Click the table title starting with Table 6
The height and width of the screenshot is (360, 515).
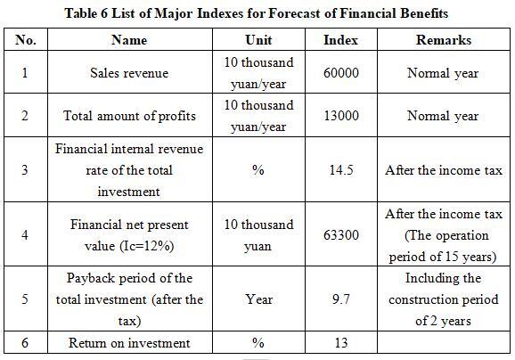[257, 13]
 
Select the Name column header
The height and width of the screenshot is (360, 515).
[129, 40]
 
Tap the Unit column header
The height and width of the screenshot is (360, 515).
[258, 40]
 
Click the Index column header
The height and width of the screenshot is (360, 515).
[340, 40]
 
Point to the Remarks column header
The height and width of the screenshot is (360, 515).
[444, 40]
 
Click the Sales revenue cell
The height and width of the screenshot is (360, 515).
[129, 73]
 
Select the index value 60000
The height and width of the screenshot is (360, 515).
[341, 73]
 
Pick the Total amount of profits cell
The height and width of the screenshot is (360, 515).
[129, 116]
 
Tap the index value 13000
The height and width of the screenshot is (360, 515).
[341, 116]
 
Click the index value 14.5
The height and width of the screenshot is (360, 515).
[341, 170]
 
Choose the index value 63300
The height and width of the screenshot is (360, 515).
[341, 235]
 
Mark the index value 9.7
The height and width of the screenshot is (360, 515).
[341, 299]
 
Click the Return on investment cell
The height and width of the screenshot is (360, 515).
[129, 343]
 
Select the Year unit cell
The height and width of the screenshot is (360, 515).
[258, 299]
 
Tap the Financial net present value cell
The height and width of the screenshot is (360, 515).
[129, 235]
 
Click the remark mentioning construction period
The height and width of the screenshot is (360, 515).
[444, 299]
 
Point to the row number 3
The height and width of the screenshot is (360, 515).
[25, 170]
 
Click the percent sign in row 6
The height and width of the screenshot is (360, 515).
[258, 343]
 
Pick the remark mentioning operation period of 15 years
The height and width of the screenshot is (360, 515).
[444, 235]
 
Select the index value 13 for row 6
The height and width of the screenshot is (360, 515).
[341, 343]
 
